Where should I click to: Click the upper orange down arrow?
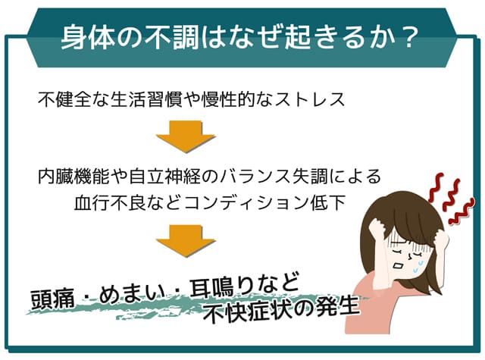click(186, 136)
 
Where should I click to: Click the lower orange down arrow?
click(186, 241)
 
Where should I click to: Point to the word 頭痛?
click(52, 299)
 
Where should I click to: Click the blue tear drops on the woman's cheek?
click(418, 266)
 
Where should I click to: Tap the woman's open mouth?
click(398, 265)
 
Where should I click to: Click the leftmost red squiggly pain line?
click(436, 188)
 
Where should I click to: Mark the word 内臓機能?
click(74, 177)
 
